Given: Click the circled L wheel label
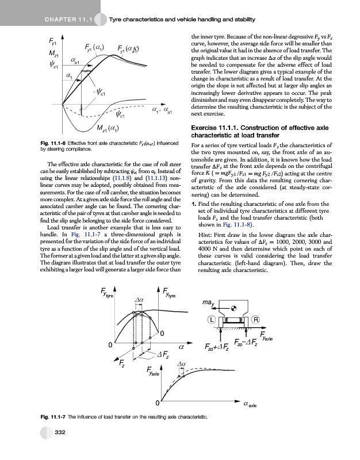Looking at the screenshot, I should coord(212,320).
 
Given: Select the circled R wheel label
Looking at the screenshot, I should coord(255,320).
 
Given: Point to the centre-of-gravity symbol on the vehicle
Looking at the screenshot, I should coord(233,308).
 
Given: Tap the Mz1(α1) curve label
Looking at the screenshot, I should coord(108,128).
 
